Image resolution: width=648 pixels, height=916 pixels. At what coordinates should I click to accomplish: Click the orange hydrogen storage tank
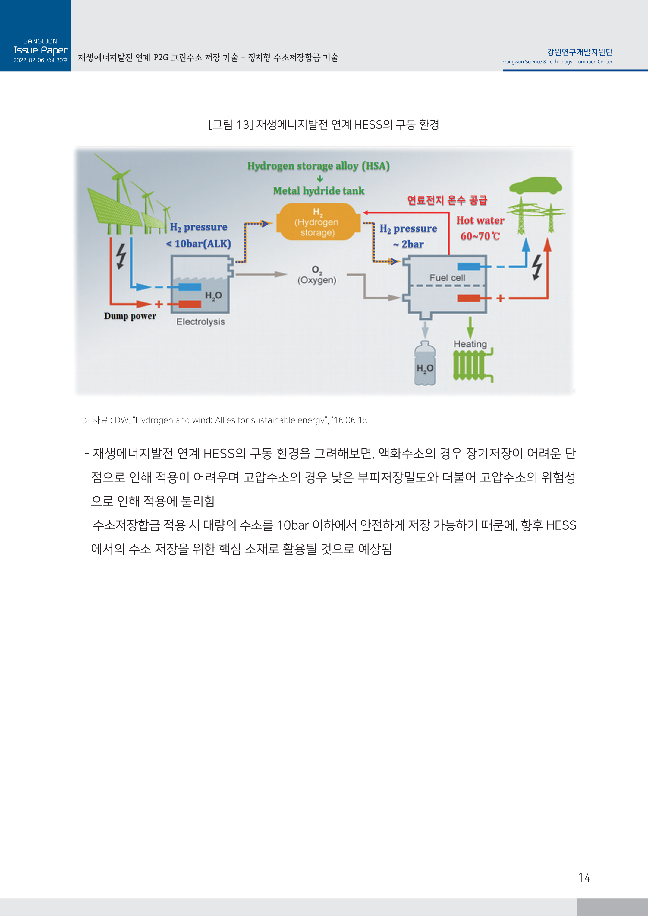[318, 222]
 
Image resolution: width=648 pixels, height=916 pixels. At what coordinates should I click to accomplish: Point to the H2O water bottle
[425, 364]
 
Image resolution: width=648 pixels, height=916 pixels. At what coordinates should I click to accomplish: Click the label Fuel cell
[447, 278]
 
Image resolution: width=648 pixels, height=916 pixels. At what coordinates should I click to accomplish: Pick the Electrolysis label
[200, 321]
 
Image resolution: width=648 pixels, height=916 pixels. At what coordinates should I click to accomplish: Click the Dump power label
[130, 316]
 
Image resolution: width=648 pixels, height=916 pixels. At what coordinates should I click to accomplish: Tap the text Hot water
[480, 221]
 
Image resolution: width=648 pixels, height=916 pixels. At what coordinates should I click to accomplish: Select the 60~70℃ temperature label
[480, 236]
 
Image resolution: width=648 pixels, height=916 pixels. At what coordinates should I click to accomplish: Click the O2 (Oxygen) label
[317, 275]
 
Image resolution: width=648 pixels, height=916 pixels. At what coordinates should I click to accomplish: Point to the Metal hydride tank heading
[318, 191]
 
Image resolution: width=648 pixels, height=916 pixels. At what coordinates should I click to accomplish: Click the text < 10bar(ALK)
[198, 244]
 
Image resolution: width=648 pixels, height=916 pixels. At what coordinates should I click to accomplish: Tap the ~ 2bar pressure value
[408, 244]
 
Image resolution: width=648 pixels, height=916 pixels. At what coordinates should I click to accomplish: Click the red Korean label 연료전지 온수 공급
[447, 200]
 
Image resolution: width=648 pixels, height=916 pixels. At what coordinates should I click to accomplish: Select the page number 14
[584, 878]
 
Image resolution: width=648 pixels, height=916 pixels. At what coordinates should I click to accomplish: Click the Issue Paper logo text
[40, 50]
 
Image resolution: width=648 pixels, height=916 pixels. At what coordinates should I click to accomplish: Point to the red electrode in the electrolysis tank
[190, 304]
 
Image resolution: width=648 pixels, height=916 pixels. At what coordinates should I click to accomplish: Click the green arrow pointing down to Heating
[470, 327]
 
